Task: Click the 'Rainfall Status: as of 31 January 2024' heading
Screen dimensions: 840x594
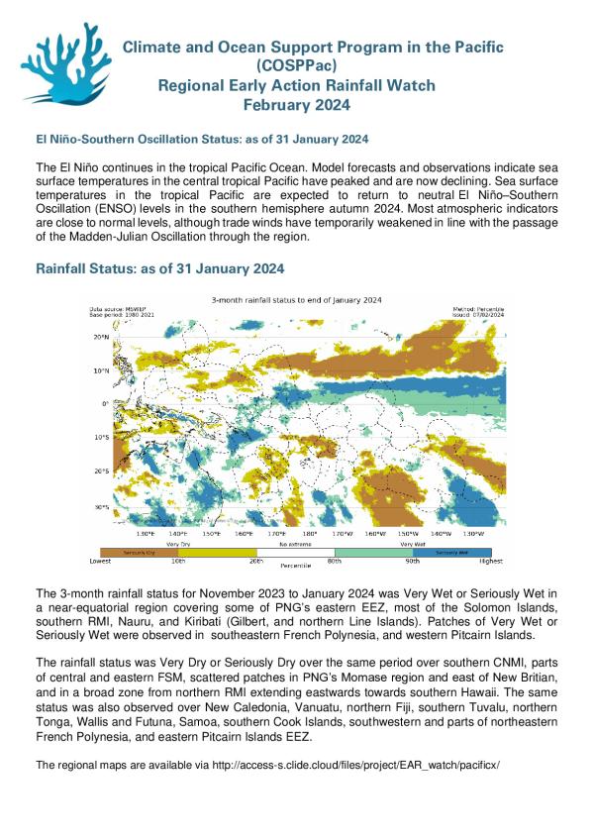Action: pyautogui.click(x=160, y=268)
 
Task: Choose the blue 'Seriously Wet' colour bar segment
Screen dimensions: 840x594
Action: pyautogui.click(x=473, y=551)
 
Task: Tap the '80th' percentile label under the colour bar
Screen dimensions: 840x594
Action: pyautogui.click(x=337, y=561)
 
